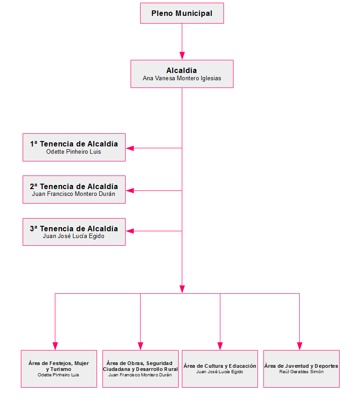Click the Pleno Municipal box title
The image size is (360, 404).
tap(182, 14)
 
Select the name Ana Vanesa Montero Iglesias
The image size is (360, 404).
tap(182, 78)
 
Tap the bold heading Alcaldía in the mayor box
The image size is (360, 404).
tap(182, 70)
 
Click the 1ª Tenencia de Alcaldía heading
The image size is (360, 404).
tap(74, 144)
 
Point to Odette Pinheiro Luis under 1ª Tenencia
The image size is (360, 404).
tap(74, 152)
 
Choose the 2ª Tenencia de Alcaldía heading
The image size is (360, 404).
tap(74, 186)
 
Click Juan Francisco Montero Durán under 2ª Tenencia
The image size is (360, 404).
tap(74, 194)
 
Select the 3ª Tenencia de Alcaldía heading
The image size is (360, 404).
tap(74, 229)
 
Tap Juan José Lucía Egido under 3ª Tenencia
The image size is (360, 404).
tap(74, 236)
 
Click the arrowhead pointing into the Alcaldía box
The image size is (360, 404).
tap(182, 56)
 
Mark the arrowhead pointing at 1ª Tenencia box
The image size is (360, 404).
tap(130, 148)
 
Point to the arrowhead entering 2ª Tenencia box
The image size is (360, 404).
tap(130, 190)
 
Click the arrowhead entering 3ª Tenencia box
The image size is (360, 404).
tap(130, 231)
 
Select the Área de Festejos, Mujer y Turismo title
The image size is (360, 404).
tap(59, 366)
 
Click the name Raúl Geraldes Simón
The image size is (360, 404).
tap(302, 372)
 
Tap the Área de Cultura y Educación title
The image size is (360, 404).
tap(220, 366)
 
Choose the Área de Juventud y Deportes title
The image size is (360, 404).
tap(301, 366)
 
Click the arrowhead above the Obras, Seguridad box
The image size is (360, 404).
tap(141, 346)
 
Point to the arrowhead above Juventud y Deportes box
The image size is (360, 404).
tap(299, 346)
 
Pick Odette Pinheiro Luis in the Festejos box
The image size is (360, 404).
tap(58, 375)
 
